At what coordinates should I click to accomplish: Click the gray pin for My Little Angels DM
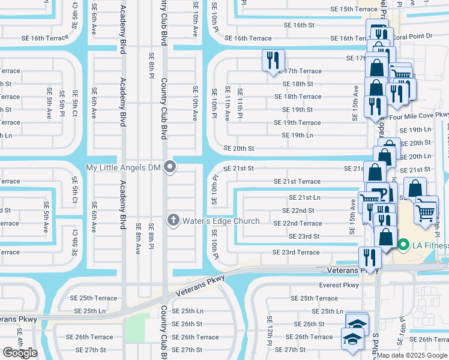click(170, 167)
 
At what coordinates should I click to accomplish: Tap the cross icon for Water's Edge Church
click(173, 221)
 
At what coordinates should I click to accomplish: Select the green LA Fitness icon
click(403, 244)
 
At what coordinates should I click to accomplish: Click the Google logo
click(20, 353)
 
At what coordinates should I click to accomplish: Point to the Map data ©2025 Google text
click(412, 355)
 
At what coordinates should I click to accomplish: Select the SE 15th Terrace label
click(354, 9)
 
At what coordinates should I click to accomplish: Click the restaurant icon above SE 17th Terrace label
click(273, 59)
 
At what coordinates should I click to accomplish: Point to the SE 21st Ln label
click(304, 197)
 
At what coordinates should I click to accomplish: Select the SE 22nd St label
click(298, 211)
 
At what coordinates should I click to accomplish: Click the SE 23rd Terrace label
click(296, 252)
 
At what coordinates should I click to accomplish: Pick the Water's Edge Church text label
click(221, 221)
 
